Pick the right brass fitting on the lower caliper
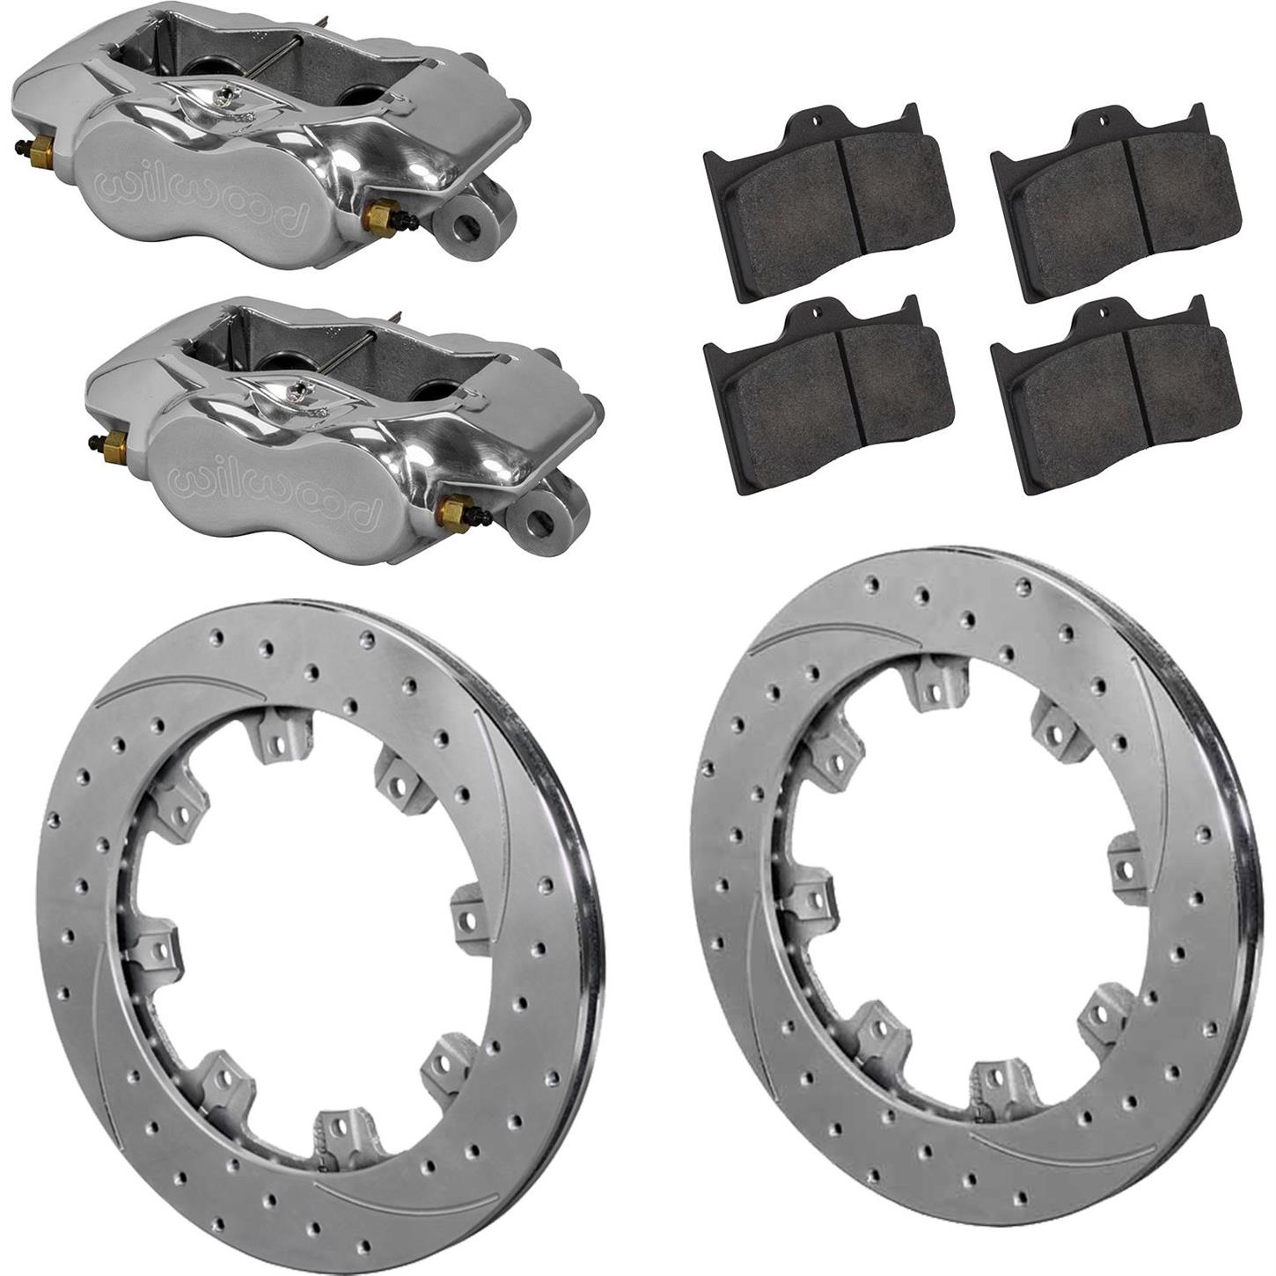454,508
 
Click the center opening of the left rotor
299,915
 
